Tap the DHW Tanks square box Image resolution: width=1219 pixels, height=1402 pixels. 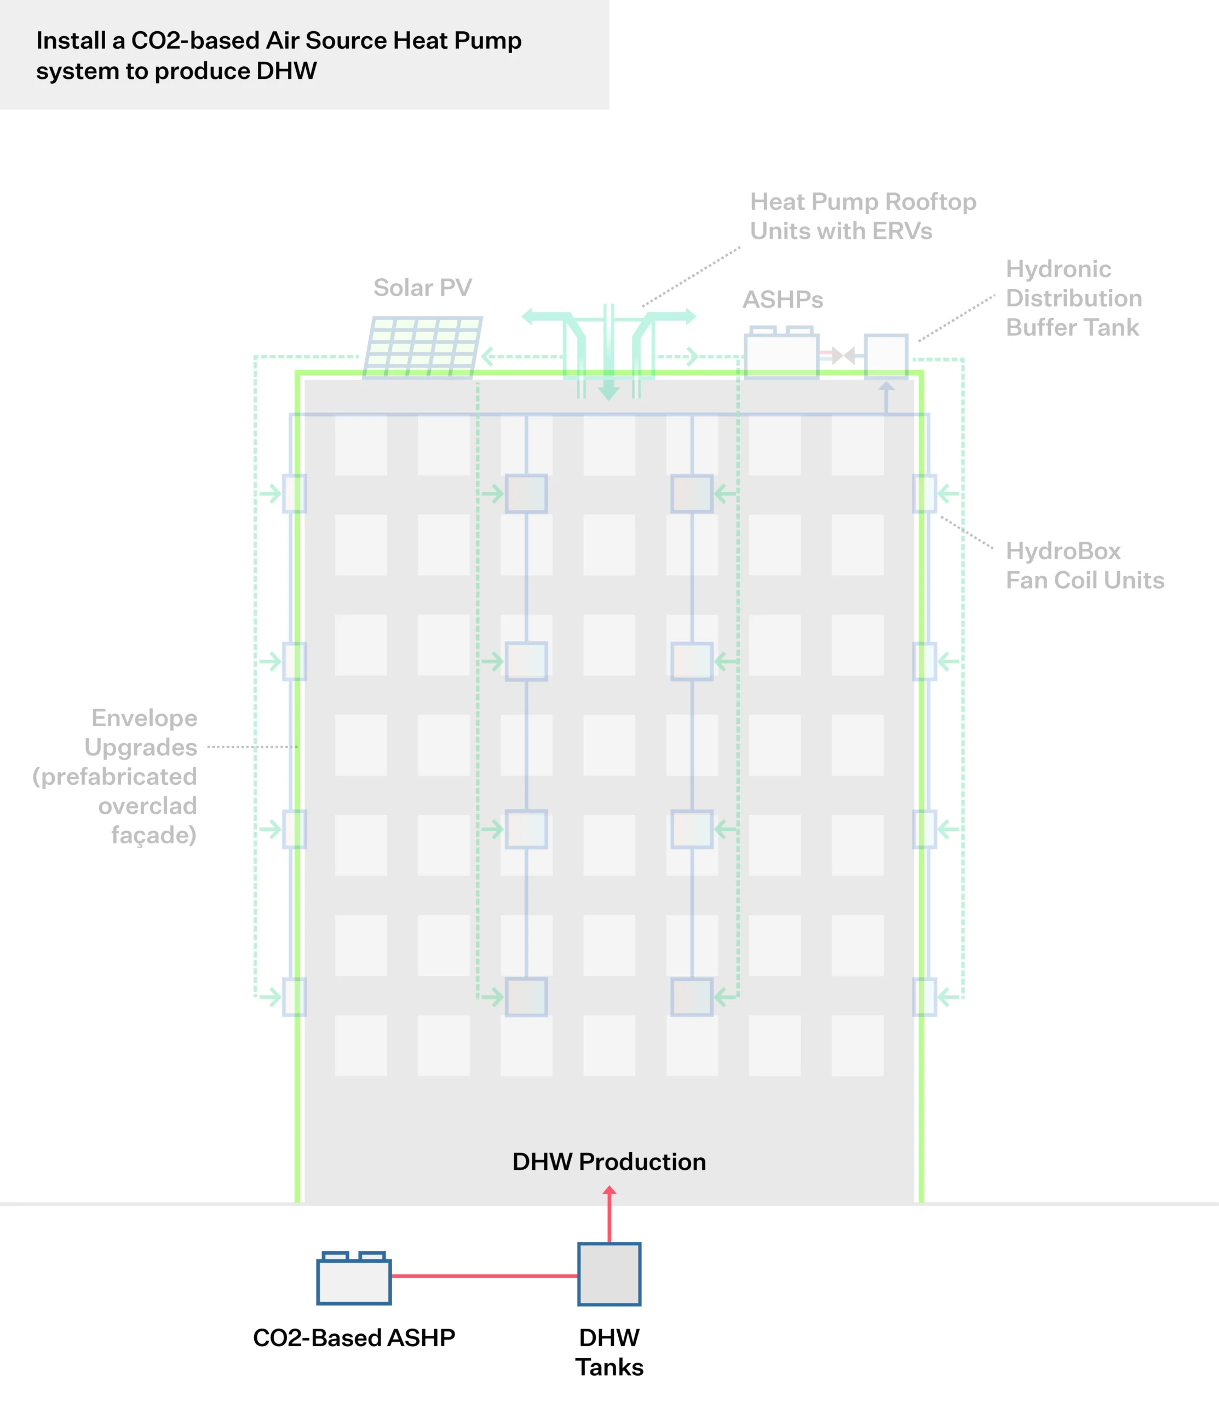pyautogui.click(x=609, y=1274)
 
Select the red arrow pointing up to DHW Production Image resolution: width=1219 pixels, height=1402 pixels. pyautogui.click(x=609, y=1215)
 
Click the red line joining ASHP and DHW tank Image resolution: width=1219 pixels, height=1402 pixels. pyautogui.click(x=484, y=1276)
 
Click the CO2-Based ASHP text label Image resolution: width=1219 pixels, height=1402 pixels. pyautogui.click(x=354, y=1337)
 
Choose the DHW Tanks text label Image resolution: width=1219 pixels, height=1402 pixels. pyautogui.click(x=609, y=1352)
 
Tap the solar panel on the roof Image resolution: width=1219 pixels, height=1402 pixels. pyautogui.click(x=423, y=346)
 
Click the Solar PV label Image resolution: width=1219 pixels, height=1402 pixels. pyautogui.click(x=422, y=288)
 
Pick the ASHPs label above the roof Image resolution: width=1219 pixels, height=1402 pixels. pyautogui.click(x=783, y=300)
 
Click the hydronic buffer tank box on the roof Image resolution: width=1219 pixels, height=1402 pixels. pyautogui.click(x=886, y=354)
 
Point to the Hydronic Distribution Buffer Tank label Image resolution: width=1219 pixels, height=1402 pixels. pyautogui.click(x=1073, y=298)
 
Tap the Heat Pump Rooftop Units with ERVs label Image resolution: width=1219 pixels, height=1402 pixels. pyautogui.click(x=863, y=216)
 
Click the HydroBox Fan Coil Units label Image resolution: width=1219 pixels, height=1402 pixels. pyautogui.click(x=1084, y=565)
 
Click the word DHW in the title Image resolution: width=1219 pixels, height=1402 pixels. pyautogui.click(x=287, y=71)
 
